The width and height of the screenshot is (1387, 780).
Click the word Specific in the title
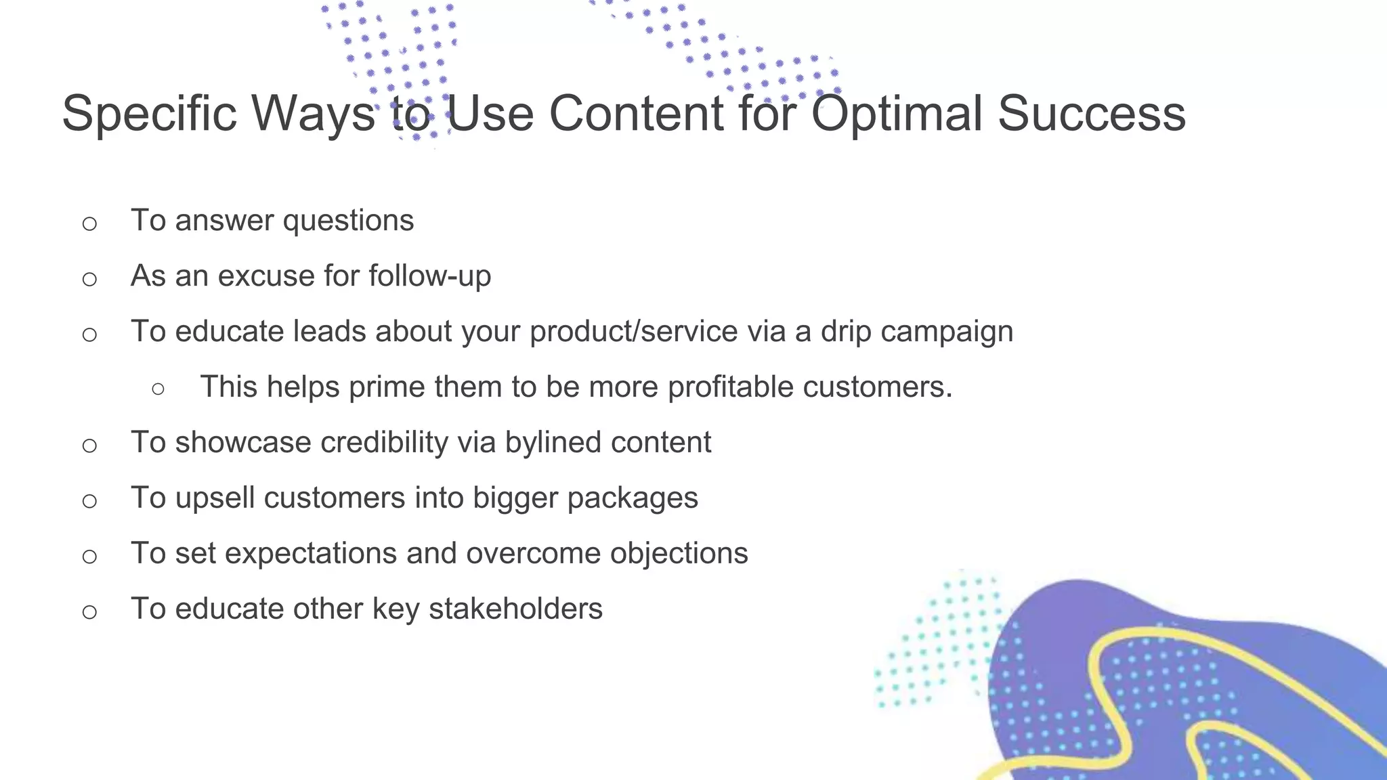coord(149,114)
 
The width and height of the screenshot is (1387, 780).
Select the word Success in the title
coord(1091,114)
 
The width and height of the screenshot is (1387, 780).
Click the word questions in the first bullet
coord(348,221)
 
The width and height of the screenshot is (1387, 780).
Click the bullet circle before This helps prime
coord(158,389)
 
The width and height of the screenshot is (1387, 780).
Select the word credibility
coord(384,443)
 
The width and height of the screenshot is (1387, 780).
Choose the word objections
coord(679,554)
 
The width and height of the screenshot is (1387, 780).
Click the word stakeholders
coord(515,609)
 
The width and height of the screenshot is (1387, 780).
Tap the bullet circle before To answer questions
coord(89,223)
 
